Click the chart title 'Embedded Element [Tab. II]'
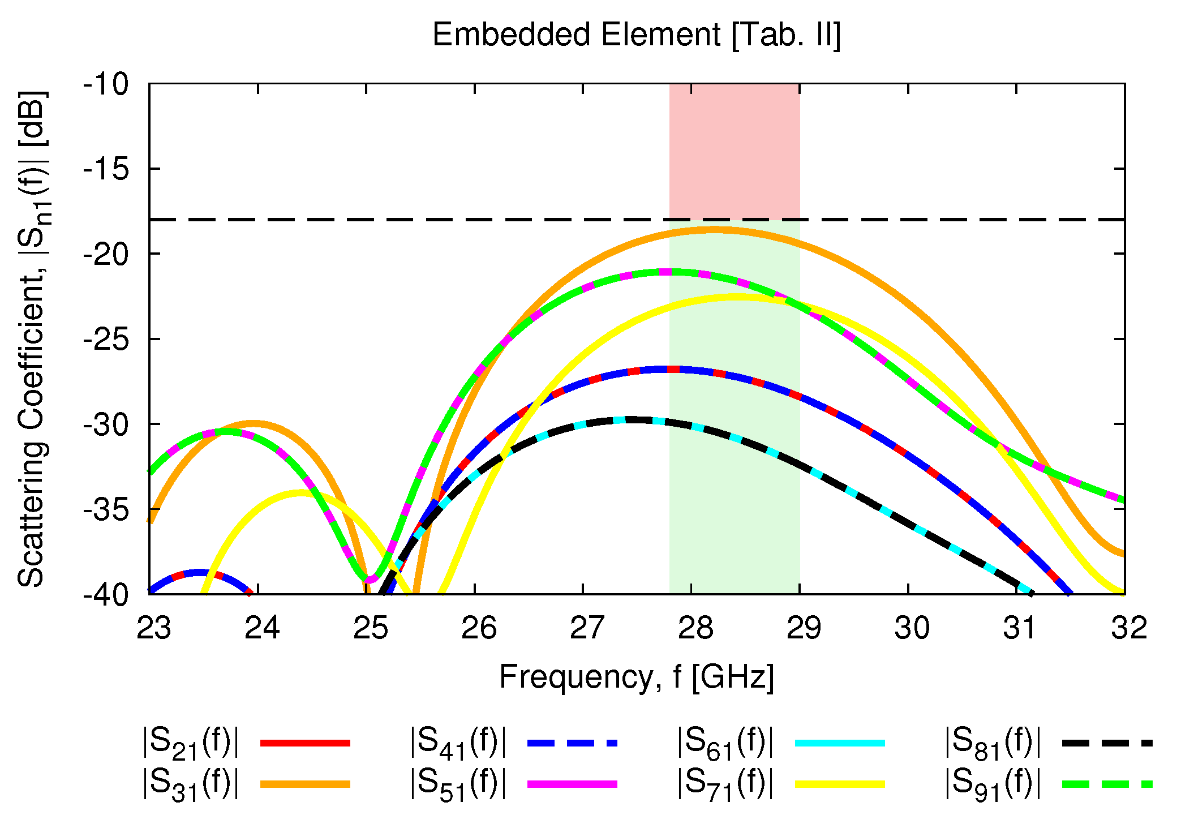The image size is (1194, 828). (x=637, y=35)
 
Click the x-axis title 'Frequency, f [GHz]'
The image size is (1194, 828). (x=637, y=677)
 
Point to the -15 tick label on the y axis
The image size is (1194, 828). (x=106, y=169)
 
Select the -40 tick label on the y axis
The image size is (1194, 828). (x=106, y=595)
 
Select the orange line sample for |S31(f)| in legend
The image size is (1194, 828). (x=305, y=784)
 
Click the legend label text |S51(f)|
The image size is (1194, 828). (x=457, y=784)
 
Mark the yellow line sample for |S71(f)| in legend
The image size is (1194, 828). (x=840, y=784)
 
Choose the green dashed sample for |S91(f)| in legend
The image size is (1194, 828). (x=1107, y=784)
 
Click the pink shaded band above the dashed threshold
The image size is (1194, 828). (x=735, y=151)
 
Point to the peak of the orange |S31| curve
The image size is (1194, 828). (x=714, y=230)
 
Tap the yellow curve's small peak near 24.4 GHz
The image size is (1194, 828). (x=300, y=493)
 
